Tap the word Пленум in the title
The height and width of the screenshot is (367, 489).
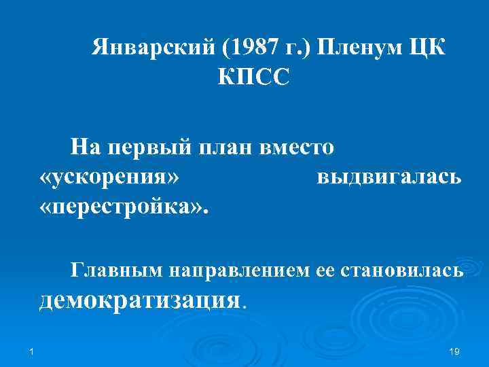pyautogui.click(x=352, y=48)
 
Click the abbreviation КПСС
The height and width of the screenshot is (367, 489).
pyautogui.click(x=253, y=77)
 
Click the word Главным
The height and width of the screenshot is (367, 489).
pyautogui.click(x=115, y=270)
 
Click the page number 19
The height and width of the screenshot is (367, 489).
pyautogui.click(x=454, y=351)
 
